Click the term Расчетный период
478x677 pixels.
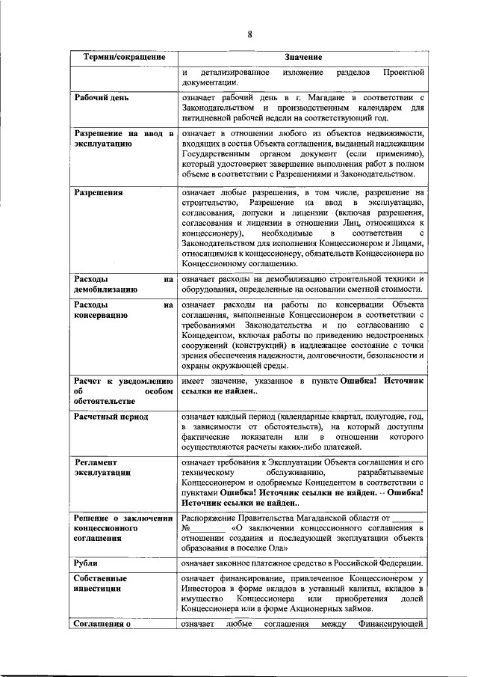111,416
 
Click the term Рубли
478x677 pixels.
87,562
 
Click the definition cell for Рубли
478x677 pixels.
302,563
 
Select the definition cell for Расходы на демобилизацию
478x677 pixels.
302,285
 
